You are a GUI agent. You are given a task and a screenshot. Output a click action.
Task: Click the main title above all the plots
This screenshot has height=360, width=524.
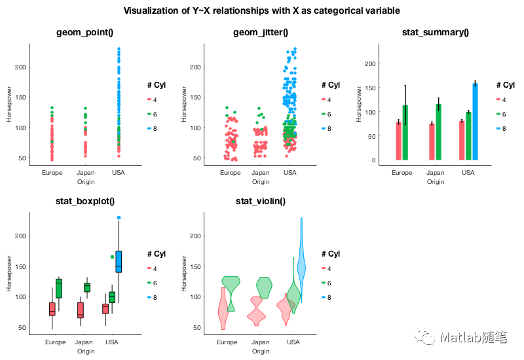tap(262, 11)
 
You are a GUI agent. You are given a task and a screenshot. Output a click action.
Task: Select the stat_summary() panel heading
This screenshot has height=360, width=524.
tap(435, 33)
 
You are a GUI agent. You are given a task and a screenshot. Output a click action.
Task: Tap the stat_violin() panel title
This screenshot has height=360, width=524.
tap(260, 201)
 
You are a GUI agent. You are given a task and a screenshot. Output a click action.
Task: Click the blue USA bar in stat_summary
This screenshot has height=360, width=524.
tap(475, 122)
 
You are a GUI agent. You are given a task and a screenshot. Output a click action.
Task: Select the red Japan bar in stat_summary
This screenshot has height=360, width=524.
tap(432, 141)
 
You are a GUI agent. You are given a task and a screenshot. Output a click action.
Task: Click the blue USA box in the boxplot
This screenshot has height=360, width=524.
tap(119, 261)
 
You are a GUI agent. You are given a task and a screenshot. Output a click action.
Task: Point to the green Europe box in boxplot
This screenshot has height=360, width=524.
tap(59, 288)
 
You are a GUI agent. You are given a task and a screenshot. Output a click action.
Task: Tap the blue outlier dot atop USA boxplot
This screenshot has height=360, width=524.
tap(119, 217)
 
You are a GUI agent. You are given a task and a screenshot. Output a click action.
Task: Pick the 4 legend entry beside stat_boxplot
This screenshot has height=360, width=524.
tap(154, 268)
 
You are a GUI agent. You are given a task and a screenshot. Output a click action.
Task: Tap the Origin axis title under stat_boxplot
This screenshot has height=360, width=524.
tap(86, 351)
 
